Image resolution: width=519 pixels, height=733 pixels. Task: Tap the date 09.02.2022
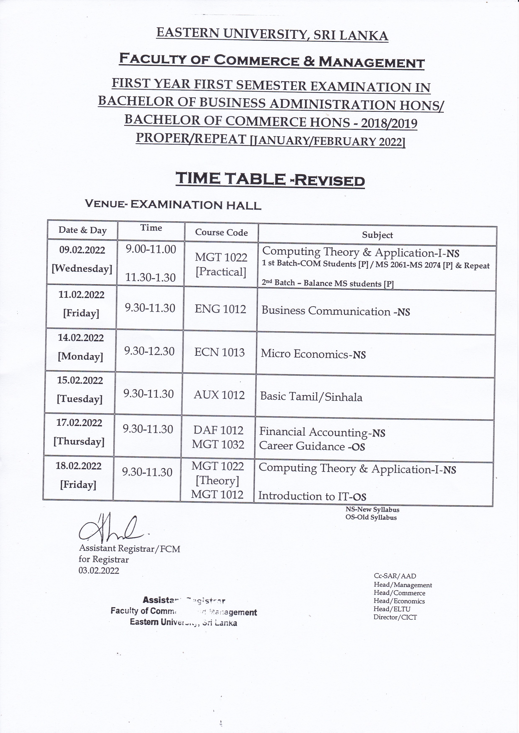pos(82,250)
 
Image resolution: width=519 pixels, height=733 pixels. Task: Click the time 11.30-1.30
pos(150,277)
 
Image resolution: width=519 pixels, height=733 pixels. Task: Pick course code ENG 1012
pos(220,309)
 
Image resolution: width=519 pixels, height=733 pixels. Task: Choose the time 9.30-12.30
pos(149,352)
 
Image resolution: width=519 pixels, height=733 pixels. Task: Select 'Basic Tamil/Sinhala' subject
pos(311,397)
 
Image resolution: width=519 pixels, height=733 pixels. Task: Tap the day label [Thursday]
pos(79,441)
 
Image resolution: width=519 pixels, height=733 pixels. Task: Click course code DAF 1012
pos(218,430)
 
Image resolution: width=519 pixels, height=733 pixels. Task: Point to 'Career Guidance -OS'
pos(312,446)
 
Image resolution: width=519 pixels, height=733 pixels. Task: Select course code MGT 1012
pos(217,495)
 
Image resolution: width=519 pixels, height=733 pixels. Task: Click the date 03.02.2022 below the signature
pos(99,571)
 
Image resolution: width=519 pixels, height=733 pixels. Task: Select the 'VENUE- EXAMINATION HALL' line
pos(173,205)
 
